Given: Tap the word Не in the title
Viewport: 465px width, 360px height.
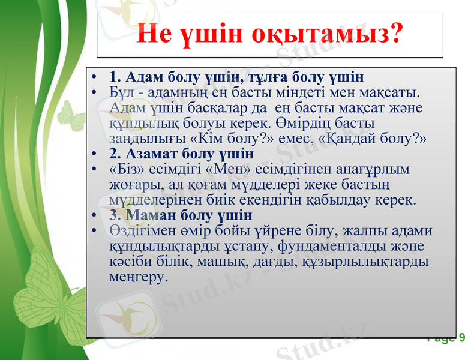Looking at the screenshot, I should [x=155, y=34].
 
